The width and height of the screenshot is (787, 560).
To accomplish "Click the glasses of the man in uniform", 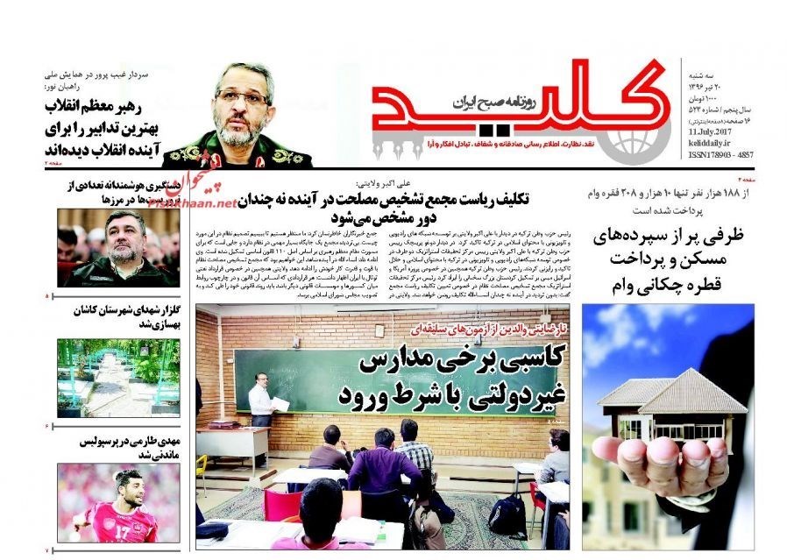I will click(x=241, y=96).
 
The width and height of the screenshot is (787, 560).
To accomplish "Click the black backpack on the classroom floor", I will click(x=506, y=516).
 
